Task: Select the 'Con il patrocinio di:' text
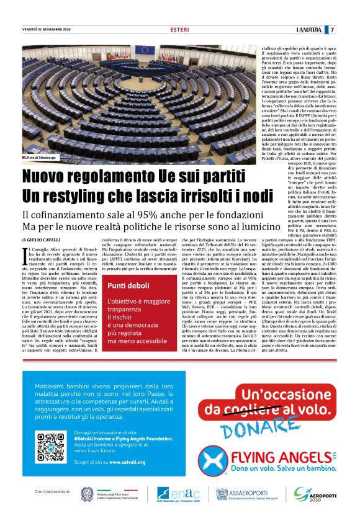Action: [55, 492]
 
